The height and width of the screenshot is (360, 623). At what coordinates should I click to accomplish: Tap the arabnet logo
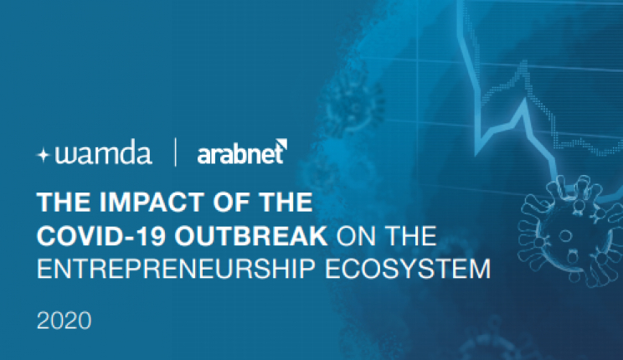[242, 152]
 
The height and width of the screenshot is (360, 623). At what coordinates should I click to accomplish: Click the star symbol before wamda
[43, 155]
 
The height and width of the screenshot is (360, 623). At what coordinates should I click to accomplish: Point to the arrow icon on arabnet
[281, 144]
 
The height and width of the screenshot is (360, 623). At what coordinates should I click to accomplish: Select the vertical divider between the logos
[175, 152]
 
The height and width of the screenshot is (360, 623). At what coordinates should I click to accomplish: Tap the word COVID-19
[101, 236]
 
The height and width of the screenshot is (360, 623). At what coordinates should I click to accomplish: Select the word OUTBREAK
[251, 236]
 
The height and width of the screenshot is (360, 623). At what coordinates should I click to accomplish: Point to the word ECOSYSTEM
[408, 269]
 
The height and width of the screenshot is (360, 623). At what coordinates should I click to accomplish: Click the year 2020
[64, 321]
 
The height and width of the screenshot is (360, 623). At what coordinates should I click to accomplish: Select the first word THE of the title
[64, 203]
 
